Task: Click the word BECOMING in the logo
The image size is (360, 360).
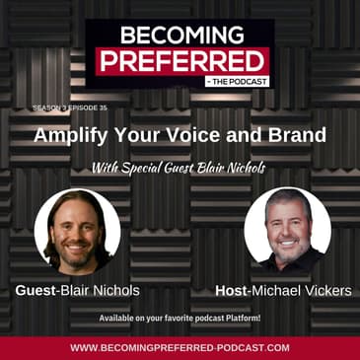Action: click(180, 35)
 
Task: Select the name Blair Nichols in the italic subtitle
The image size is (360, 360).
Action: click(234, 168)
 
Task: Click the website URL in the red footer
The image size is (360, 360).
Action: click(180, 347)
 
